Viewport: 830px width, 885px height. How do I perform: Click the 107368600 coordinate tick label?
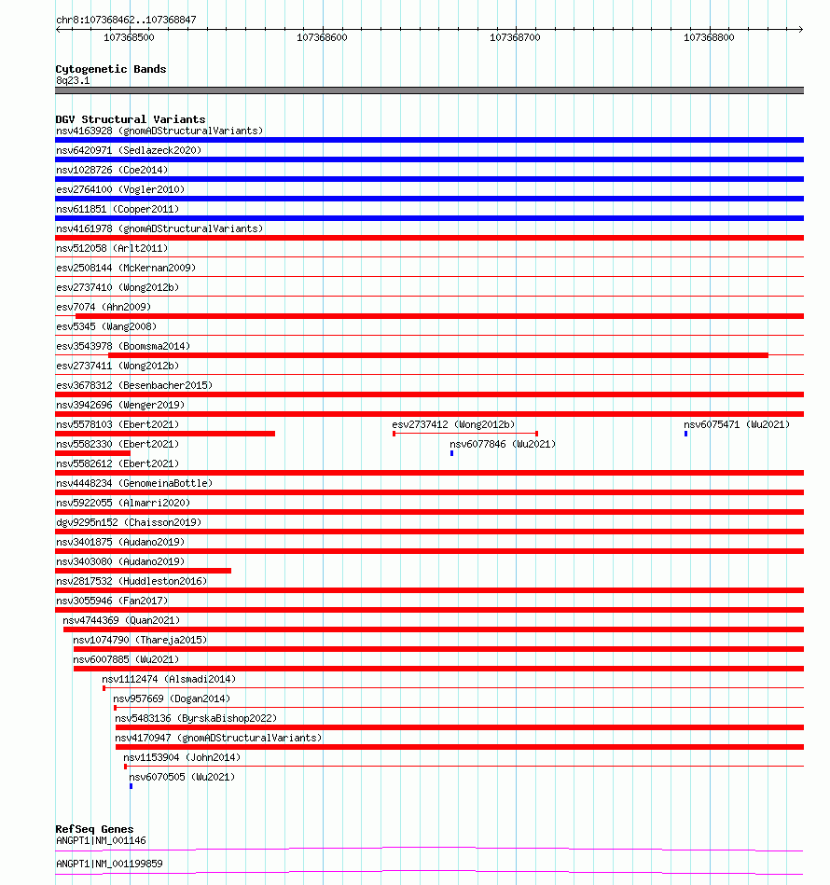point(322,37)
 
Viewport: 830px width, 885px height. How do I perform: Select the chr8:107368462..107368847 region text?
point(126,20)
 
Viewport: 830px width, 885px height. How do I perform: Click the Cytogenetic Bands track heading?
point(111,69)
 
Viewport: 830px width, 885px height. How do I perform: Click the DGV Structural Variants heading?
point(131,119)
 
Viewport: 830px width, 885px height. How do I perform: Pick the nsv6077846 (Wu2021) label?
point(503,444)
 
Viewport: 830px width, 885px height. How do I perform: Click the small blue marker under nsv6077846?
point(452,453)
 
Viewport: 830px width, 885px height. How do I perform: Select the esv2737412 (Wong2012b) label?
point(453,424)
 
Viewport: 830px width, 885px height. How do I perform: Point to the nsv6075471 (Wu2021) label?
point(737,424)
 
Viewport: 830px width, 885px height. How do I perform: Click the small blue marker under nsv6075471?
point(686,434)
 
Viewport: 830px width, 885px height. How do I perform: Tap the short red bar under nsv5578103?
point(166,434)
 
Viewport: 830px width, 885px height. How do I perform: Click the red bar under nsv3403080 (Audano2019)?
point(144,571)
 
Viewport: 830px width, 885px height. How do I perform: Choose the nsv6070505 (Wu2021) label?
point(182,777)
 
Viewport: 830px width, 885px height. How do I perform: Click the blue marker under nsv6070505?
point(131,786)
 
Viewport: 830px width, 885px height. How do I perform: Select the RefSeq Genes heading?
point(94,829)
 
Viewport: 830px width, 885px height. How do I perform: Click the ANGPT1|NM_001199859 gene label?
point(109,864)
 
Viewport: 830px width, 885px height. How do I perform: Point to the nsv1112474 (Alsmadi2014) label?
point(169,679)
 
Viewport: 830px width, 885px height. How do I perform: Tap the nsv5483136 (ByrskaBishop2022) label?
point(196,718)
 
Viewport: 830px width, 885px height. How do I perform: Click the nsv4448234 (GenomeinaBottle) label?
point(134,483)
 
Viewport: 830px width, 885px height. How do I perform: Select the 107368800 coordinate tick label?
point(709,37)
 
